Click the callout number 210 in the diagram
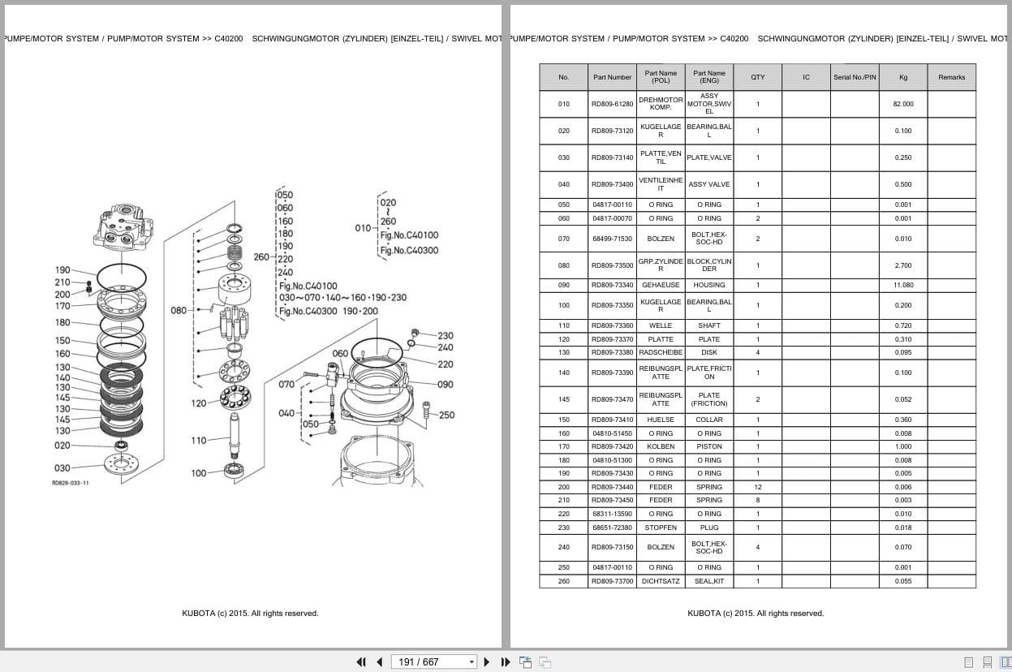[x=62, y=282]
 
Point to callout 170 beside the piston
[x=62, y=306]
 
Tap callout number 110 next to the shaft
[x=199, y=440]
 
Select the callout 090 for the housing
[x=446, y=385]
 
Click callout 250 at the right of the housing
[x=446, y=415]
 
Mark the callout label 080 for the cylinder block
[x=179, y=310]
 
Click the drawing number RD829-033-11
[x=71, y=483]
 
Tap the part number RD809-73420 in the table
[x=612, y=446]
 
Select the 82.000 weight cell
[x=902, y=104]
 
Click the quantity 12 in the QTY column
[x=757, y=487]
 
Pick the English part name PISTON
[x=708, y=446]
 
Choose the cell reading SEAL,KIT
[x=708, y=581]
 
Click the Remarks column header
[x=951, y=77]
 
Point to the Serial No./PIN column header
[x=855, y=77]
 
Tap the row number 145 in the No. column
[x=563, y=399]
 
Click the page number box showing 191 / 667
[x=433, y=661]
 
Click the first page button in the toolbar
[x=361, y=661]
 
